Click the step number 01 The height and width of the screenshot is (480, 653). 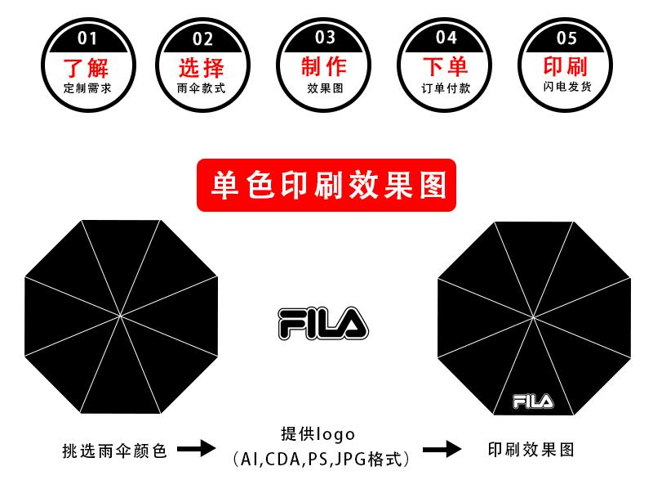[87, 38]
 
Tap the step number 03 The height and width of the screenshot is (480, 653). [325, 37]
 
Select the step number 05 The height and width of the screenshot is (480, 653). [566, 38]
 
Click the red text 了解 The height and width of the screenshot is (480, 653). [87, 68]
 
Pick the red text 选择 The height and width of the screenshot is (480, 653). [202, 68]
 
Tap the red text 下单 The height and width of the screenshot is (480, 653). [445, 66]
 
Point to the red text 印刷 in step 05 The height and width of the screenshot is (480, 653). [565, 66]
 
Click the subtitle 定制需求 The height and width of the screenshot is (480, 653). [87, 88]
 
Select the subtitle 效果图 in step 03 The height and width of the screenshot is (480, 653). [325, 88]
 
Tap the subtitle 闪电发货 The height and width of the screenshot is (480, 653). [566, 87]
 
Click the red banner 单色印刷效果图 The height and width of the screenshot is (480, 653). [326, 185]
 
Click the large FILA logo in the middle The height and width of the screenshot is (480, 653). [323, 324]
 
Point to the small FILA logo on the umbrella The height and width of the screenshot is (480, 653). [533, 401]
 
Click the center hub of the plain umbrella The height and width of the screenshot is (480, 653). [120, 316]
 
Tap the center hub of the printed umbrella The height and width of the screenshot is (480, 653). [534, 317]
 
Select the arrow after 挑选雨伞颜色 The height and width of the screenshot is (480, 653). [196, 448]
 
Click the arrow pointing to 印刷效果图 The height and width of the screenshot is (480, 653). [442, 449]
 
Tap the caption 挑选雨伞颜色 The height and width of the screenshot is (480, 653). [114, 451]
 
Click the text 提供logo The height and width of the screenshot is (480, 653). [318, 434]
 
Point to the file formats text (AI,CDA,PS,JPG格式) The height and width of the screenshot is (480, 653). [321, 460]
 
